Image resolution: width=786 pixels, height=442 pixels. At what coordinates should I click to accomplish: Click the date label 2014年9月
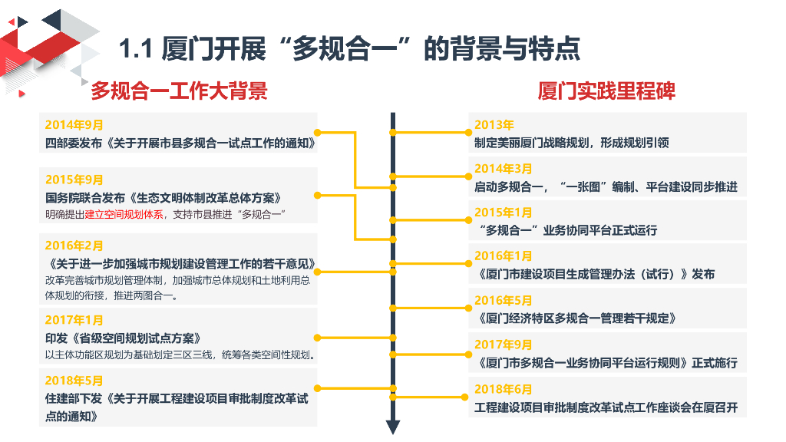tap(74, 124)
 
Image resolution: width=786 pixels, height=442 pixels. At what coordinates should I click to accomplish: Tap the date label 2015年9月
tap(74, 180)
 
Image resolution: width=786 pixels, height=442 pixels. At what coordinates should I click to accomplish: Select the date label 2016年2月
tap(74, 246)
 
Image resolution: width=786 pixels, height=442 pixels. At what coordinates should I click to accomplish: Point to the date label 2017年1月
tap(74, 320)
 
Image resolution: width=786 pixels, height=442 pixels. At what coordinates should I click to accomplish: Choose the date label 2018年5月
tap(74, 381)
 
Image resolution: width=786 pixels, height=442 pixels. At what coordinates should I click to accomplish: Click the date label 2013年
tap(494, 125)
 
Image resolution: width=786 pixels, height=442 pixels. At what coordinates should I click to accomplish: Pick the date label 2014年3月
tap(504, 169)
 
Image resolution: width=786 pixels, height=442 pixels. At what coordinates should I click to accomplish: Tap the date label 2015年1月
tap(504, 213)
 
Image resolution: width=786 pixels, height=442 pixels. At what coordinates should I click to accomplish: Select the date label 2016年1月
tap(504, 256)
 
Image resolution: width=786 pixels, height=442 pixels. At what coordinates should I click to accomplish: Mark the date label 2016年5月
tap(504, 301)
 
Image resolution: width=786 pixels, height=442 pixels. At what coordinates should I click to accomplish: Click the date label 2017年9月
tap(504, 345)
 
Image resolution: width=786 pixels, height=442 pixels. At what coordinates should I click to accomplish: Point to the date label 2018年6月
tap(504, 389)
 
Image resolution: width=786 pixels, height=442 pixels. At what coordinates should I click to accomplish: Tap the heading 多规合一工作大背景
tap(179, 91)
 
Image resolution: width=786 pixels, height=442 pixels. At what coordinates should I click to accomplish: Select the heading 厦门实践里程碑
tap(606, 91)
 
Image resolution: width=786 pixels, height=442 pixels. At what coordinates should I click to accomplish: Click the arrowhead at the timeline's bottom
tap(393, 427)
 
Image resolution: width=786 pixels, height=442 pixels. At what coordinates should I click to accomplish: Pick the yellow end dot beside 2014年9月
tap(318, 132)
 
